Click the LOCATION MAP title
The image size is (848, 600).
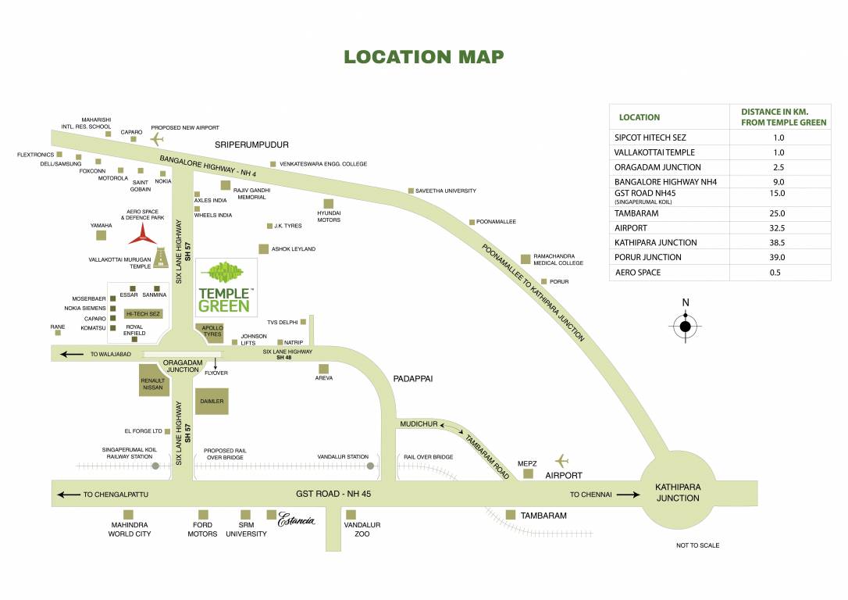coord(424,57)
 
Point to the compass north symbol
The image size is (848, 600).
coord(686,326)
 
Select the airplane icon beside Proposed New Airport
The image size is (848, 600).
coord(158,140)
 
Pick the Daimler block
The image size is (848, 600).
coord(212,402)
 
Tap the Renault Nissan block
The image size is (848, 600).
coord(153,384)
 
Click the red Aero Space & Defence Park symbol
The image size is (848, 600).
coord(143,233)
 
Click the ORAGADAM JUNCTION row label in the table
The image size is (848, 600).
coord(657,167)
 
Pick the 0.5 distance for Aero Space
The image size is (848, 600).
coord(779,273)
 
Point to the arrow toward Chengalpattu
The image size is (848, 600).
coord(69,495)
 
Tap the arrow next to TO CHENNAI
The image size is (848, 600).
coord(624,495)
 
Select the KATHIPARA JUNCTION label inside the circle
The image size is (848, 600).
coord(678,492)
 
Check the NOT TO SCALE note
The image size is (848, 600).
coord(697,545)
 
